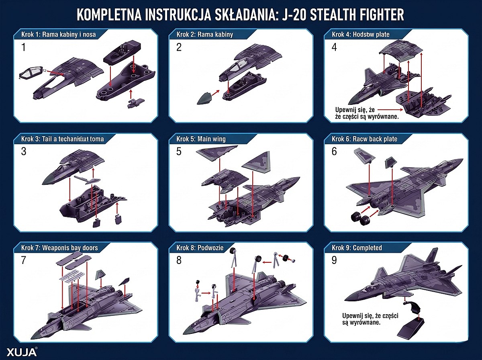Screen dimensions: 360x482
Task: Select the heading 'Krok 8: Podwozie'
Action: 200,247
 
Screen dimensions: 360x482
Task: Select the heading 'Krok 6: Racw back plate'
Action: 365,139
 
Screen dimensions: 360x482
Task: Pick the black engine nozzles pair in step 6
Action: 360,219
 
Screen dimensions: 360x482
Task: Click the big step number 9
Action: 335,260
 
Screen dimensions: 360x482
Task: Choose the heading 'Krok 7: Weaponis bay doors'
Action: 59,247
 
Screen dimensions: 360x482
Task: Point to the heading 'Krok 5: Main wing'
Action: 201,139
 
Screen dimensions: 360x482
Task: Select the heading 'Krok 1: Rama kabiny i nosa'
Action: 58,34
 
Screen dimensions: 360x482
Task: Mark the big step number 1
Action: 23,47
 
